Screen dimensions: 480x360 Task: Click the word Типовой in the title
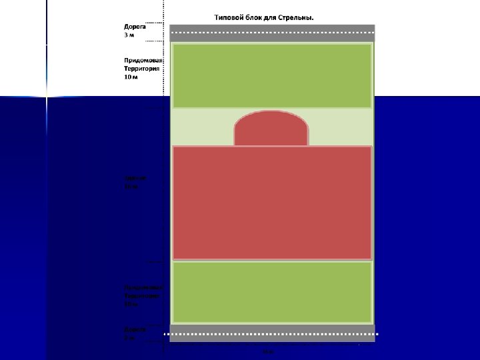point(230,17)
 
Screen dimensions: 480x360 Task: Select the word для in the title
point(279,17)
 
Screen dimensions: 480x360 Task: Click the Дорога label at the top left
point(135,26)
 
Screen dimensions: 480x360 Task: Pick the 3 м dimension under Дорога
point(129,34)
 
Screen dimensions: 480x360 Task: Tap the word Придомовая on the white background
point(143,60)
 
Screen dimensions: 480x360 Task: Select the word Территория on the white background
point(143,68)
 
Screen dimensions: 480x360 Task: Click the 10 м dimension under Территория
point(131,77)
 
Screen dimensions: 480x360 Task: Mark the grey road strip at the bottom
point(272,337)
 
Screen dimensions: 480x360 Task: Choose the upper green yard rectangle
point(272,75)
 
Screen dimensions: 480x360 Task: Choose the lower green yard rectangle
point(272,292)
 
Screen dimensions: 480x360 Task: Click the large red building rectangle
point(272,202)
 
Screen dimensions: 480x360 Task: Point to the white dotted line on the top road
point(272,32)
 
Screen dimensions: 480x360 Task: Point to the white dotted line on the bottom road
point(272,333)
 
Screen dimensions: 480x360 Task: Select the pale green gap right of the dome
point(340,127)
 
